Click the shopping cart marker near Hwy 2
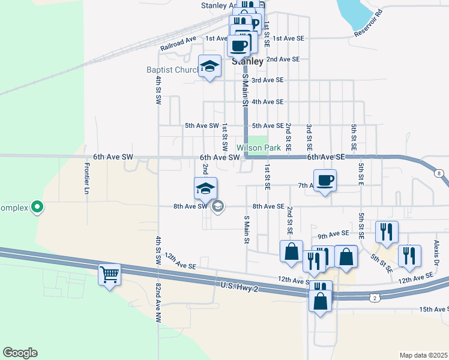coord(109,275)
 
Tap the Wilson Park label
coord(259,148)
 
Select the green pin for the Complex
coord(37,208)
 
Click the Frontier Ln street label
coord(87,178)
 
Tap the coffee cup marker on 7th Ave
coord(325,181)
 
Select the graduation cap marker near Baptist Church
coord(209,67)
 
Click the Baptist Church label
coord(172,70)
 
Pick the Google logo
coord(20,353)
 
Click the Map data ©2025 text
coord(423,355)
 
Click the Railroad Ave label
coord(178,44)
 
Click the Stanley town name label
coord(248,61)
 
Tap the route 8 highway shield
coord(440,173)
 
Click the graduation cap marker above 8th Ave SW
coord(205,188)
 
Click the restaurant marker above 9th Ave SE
coord(387,231)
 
